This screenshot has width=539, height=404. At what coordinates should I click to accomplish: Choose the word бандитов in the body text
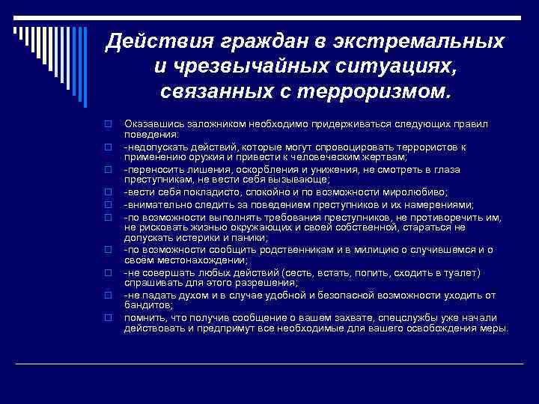(148, 305)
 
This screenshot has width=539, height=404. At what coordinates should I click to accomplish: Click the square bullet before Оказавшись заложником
(108, 123)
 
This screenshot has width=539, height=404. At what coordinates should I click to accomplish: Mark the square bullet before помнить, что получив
(108, 318)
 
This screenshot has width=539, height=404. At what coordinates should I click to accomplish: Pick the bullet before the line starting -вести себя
(108, 192)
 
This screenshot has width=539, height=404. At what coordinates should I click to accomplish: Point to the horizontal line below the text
(269, 363)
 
